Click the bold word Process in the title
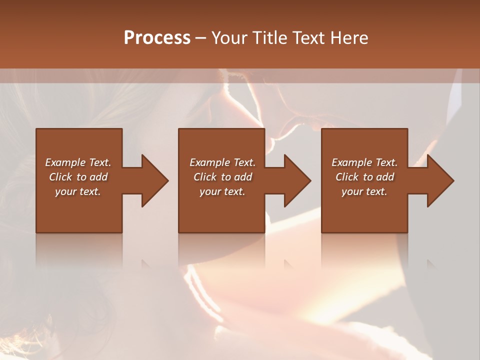click(157, 38)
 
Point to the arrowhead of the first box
click(155, 180)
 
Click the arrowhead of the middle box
click(297, 180)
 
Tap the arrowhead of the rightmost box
click(440, 180)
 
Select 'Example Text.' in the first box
click(78, 162)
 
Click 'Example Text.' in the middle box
click(222, 162)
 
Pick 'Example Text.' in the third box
click(364, 162)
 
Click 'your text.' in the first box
click(78, 191)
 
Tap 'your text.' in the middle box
click(222, 191)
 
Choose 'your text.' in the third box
click(364, 191)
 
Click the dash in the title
click(201, 38)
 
